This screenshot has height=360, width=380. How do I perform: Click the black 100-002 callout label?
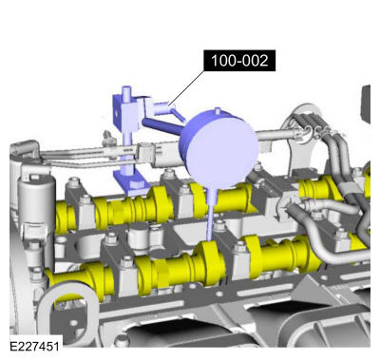coord(239,60)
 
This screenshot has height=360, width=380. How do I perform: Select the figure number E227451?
coord(34,346)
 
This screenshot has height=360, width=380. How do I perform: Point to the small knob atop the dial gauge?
coord(218,111)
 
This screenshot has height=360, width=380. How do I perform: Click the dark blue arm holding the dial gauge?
coord(161,126)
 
